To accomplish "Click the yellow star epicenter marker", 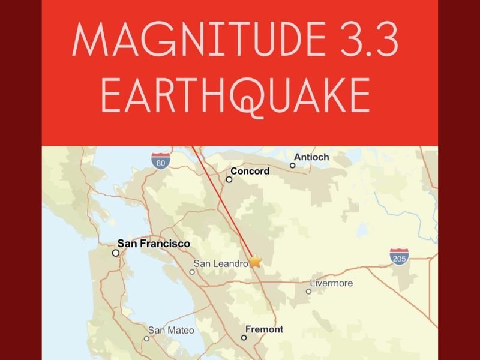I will coord(256,261).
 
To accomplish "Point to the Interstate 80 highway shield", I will coord(159,160).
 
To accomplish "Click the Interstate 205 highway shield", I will coord(398,257).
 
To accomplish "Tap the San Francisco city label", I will coord(154,244).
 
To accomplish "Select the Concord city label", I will coord(250,171).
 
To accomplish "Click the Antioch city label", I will coord(311,157).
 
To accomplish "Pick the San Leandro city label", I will coord(221,263).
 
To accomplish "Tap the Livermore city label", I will coord(331,283).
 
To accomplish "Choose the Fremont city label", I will coord(264,329).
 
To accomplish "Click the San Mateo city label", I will coord(171,330).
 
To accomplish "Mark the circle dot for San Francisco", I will coord(116,253).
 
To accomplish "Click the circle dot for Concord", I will coord(229,179).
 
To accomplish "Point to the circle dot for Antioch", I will coord(293,166).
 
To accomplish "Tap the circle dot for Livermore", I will coord(308,292).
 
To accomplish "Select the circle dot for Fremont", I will coord(244,338).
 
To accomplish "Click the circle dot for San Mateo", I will coord(146,338).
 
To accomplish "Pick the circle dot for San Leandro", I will coord(192,272).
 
